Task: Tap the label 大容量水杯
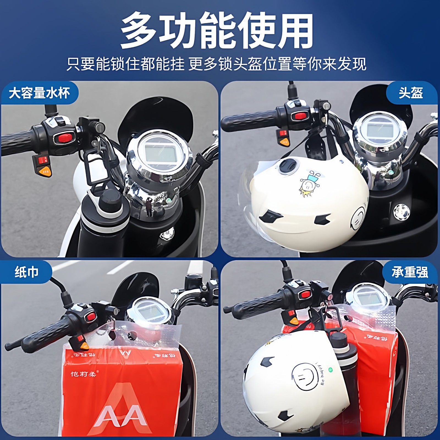coord(39,93)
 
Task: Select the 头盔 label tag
coord(411,93)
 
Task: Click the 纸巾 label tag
coord(26,272)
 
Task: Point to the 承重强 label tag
coord(410,272)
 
